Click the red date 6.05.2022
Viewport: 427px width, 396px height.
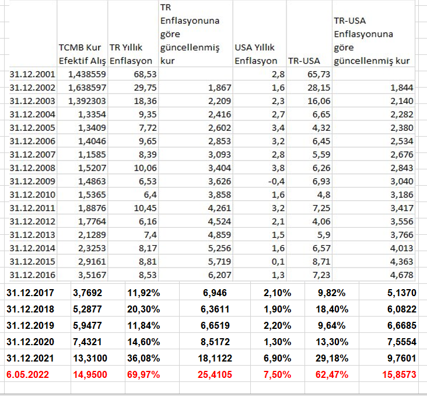pos(27,374)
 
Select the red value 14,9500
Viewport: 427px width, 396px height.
pos(90,374)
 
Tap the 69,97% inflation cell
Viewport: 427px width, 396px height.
pos(143,374)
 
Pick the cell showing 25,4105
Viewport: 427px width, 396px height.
pos(215,374)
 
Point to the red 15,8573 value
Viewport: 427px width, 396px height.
pos(399,374)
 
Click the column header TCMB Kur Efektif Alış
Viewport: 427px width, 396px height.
pos(82,54)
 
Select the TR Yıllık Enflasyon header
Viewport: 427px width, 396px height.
pos(131,54)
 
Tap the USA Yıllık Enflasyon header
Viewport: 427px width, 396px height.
pos(256,54)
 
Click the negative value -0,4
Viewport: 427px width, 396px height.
pos(276,182)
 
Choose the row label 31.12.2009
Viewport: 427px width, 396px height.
pos(33,182)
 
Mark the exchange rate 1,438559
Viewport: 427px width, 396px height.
pos(87,74)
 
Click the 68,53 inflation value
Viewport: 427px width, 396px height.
pos(145,74)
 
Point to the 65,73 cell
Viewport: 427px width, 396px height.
pos(318,74)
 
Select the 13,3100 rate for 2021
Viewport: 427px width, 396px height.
pos(90,358)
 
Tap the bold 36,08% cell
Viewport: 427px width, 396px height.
pos(143,358)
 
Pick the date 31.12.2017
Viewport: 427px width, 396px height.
pos(30,293)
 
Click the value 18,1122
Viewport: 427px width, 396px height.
pos(215,358)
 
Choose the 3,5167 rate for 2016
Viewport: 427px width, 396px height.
pos(92,275)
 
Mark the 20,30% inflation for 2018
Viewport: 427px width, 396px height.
pos(143,309)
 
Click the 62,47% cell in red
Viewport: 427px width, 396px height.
pos(332,374)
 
